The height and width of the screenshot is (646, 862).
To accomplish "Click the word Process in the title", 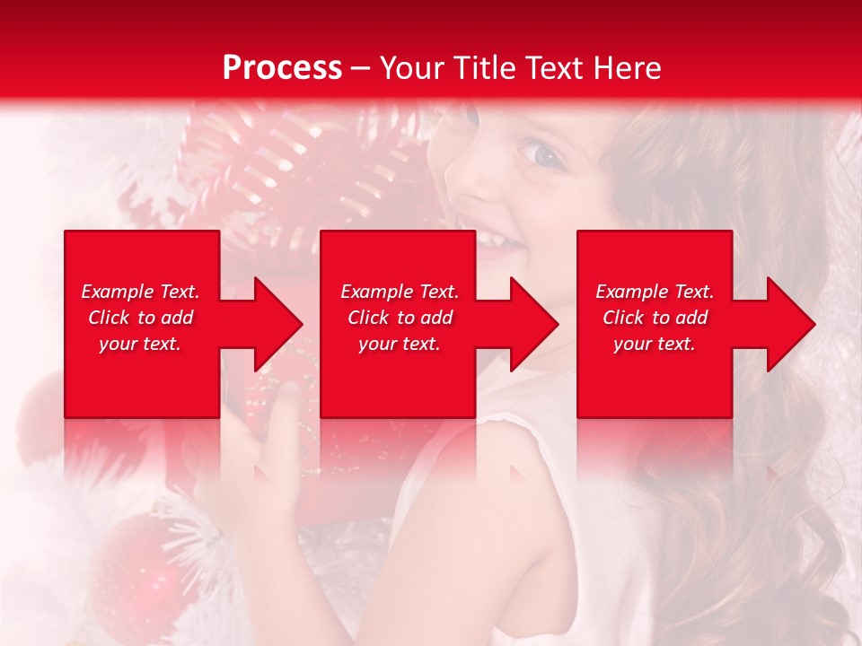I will (282, 68).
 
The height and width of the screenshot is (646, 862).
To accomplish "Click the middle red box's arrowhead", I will (533, 324).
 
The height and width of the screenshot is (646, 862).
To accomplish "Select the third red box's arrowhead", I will (790, 324).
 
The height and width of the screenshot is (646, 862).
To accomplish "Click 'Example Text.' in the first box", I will (140, 292).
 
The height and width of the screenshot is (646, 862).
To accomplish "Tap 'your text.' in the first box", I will (140, 344).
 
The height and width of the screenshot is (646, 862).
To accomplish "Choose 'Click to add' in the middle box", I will (400, 318).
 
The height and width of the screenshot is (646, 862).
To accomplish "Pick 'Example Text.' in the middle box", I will (400, 292).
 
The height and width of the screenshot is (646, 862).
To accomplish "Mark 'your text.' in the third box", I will (655, 344).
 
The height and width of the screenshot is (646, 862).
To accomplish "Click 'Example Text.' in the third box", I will (655, 292).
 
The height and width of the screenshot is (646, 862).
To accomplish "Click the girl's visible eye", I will (543, 153).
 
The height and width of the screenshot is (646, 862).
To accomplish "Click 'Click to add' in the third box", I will (655, 318).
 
